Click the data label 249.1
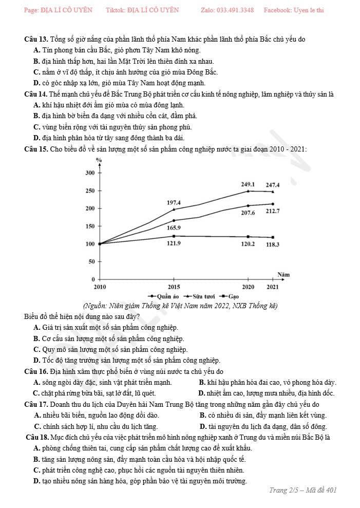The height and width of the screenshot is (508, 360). click(248, 184)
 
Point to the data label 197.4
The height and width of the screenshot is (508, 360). click(174, 203)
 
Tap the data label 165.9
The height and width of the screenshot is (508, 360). click(174, 227)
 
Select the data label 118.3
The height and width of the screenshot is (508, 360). click(273, 244)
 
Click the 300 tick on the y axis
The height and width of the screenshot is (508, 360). click(90, 173)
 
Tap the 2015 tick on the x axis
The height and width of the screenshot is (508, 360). click(174, 287)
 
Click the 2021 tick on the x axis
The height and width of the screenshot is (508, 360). click(273, 287)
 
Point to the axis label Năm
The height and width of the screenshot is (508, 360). click(283, 274)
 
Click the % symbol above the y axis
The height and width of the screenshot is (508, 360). click(99, 160)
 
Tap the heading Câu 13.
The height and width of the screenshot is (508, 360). click(36, 40)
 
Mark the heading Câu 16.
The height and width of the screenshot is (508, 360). click(36, 371)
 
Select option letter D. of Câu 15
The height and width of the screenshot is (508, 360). click(37, 360)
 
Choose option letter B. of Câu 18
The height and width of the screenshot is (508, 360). click(37, 459)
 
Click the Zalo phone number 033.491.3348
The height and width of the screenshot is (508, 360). click(235, 10)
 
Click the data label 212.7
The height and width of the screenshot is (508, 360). click(273, 211)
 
